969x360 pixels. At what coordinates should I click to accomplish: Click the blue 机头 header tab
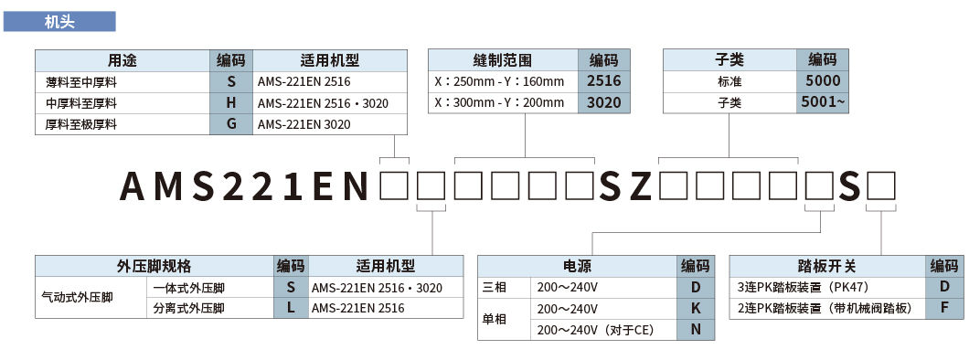point(59,21)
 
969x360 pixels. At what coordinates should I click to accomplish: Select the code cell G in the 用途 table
point(231,123)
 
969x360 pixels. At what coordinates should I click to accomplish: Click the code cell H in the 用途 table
point(231,102)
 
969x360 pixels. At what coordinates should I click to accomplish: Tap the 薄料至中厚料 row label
point(82,81)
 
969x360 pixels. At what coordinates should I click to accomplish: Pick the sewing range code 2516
point(603,81)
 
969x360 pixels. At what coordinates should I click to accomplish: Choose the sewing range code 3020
point(603,102)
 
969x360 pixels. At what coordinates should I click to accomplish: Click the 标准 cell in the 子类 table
point(729,81)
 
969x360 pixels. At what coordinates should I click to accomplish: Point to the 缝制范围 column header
point(504,60)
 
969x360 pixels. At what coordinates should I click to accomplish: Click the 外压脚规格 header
point(154,266)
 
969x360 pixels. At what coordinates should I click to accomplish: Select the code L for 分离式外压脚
point(291,308)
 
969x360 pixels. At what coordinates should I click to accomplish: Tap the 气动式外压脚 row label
point(78,298)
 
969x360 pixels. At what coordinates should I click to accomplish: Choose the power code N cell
point(696,330)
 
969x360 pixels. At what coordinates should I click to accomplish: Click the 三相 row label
point(494,287)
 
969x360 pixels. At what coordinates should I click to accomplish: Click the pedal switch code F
point(944,308)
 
